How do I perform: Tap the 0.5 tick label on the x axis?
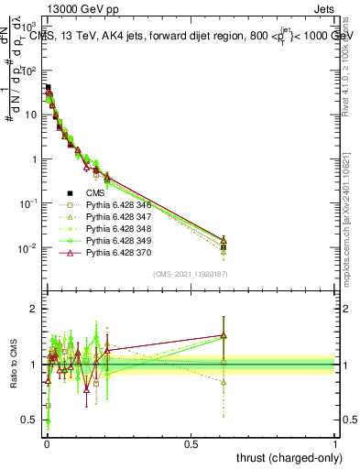click(191, 444)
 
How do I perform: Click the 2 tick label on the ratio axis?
click(34, 309)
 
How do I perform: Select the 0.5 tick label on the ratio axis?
click(30, 420)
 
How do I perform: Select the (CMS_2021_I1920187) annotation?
click(190, 273)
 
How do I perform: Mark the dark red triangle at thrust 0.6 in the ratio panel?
click(223, 335)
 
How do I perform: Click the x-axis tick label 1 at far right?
click(335, 444)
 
